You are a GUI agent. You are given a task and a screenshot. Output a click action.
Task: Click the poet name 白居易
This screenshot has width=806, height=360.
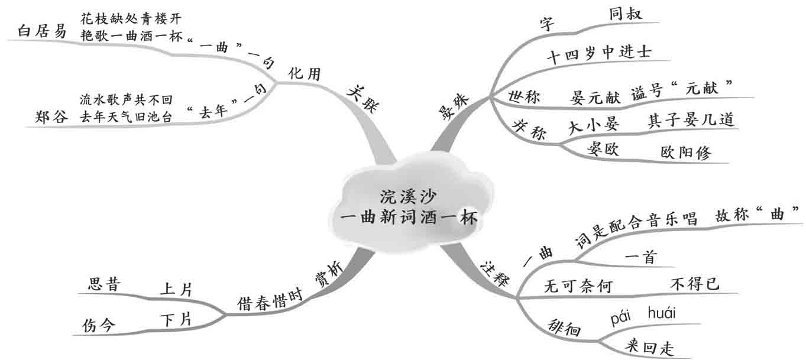pyautogui.click(x=42, y=31)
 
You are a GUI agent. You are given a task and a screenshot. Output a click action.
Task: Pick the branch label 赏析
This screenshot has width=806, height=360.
pyautogui.click(x=327, y=276)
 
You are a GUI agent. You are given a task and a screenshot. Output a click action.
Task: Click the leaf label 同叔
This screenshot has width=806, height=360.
pyautogui.click(x=629, y=14)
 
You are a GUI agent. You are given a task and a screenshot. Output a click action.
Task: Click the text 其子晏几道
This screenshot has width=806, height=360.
pyautogui.click(x=691, y=121)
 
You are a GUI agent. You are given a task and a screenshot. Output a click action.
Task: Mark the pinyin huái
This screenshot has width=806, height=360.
pyautogui.click(x=662, y=312)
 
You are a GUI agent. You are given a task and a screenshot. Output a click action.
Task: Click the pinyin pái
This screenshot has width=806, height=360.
pyautogui.click(x=622, y=319)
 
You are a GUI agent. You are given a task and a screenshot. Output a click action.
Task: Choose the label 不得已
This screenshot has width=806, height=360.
pyautogui.click(x=695, y=284)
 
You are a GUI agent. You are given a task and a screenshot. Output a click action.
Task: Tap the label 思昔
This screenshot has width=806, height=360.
pyautogui.click(x=104, y=284)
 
